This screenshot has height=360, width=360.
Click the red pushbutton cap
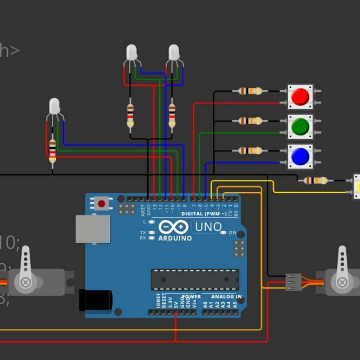click(x=300, y=97)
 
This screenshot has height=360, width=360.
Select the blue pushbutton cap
click(x=300, y=156)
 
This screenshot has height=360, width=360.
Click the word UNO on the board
click(x=208, y=227)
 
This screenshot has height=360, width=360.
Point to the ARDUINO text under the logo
click(x=175, y=238)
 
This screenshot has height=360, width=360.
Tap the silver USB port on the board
click(x=93, y=229)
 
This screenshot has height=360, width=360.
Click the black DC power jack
click(x=96, y=300)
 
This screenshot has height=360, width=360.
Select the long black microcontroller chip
click(x=195, y=279)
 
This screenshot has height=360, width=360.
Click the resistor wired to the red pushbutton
click(x=250, y=91)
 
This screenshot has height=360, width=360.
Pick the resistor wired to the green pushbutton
click(x=250, y=121)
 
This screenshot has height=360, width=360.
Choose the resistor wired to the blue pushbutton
click(x=250, y=151)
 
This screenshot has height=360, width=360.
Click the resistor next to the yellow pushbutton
click(x=315, y=181)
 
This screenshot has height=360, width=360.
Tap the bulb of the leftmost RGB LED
click(x=54, y=106)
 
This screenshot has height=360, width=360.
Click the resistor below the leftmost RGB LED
click(x=52, y=151)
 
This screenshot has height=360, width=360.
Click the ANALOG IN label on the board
click(x=226, y=297)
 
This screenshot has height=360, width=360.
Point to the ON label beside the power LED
click(x=233, y=233)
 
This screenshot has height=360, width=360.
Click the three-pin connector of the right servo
click(x=293, y=282)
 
